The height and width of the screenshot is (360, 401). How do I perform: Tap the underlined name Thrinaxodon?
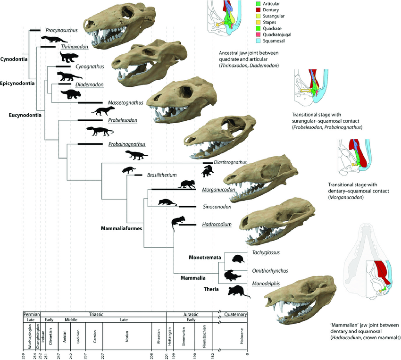[74, 47]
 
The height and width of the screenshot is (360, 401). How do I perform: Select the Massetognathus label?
[124, 102]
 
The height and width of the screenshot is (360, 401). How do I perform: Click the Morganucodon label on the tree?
[219, 190]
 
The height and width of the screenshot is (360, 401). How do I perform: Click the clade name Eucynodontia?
[25, 114]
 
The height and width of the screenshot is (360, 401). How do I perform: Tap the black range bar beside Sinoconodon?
[187, 207]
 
